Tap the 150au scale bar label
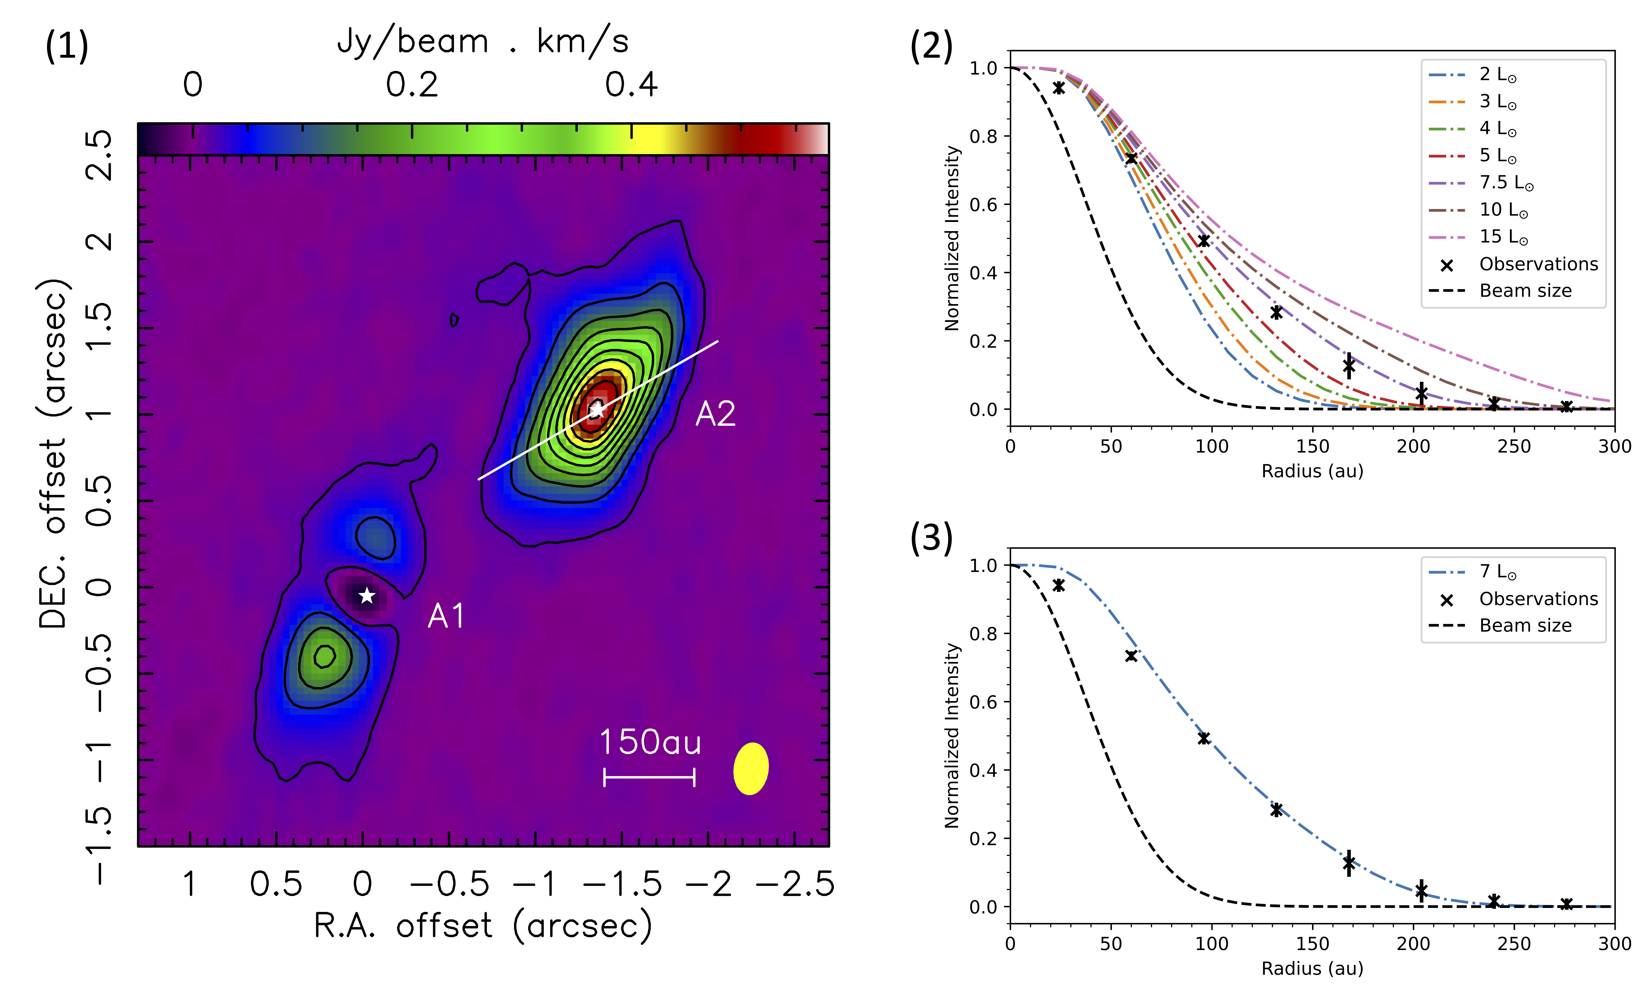(x=650, y=743)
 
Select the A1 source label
(x=445, y=616)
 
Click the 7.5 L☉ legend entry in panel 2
(x=1506, y=183)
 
